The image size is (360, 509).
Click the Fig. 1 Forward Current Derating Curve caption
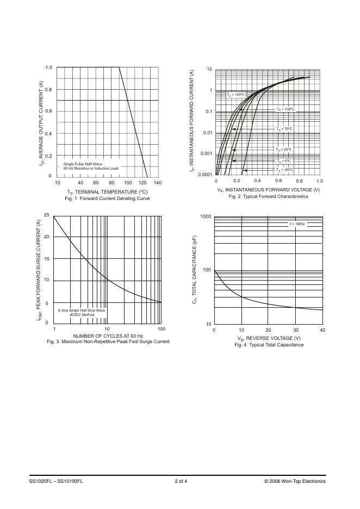point(107,198)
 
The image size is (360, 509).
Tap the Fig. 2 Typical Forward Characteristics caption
point(268,196)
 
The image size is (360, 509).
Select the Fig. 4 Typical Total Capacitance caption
point(269,345)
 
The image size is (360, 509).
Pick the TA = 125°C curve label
point(236,95)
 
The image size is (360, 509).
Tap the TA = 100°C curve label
point(285,109)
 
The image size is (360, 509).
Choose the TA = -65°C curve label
point(284,169)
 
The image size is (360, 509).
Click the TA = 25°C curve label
point(284,149)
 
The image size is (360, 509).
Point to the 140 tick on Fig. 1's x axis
point(158,183)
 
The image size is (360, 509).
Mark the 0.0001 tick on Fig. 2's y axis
point(204,175)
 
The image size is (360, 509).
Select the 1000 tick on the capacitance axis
point(206,217)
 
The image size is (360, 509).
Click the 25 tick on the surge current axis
point(47,215)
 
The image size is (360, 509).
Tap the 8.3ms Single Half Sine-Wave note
point(82,310)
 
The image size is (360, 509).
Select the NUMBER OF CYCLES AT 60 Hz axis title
point(108,336)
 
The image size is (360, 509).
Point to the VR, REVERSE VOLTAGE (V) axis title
point(268,338)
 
